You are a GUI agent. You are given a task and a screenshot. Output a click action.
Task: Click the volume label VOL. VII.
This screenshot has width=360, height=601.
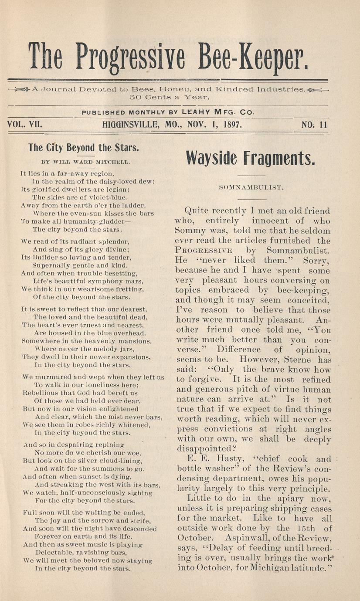pos(24,125)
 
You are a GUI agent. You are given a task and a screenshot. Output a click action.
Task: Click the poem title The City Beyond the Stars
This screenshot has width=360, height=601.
pos(84,147)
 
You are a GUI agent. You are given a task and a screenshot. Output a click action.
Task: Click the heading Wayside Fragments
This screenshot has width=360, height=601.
pos(250,158)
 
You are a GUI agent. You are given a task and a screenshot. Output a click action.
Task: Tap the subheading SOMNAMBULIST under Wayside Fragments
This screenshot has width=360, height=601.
pos(252,188)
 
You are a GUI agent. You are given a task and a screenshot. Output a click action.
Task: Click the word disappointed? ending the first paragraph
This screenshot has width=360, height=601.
pos(204,449)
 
